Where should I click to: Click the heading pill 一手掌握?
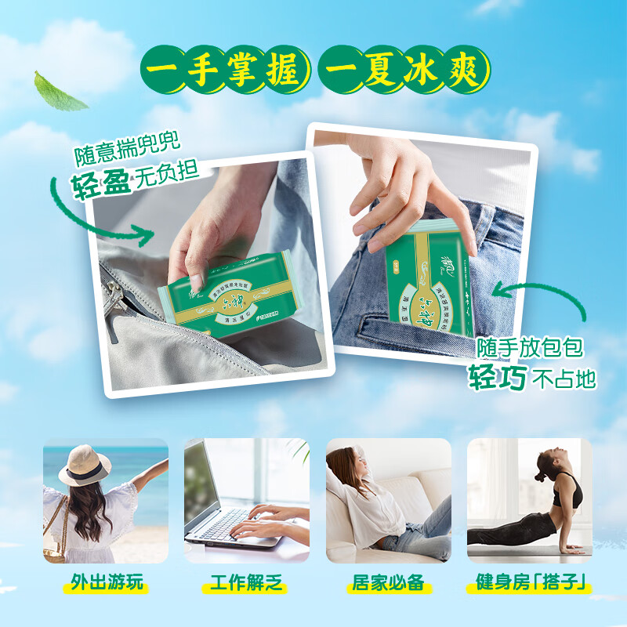pos(222,71)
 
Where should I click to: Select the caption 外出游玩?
pos(106,585)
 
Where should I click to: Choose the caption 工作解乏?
pos(246,585)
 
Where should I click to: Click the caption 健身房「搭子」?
pos(530,585)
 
